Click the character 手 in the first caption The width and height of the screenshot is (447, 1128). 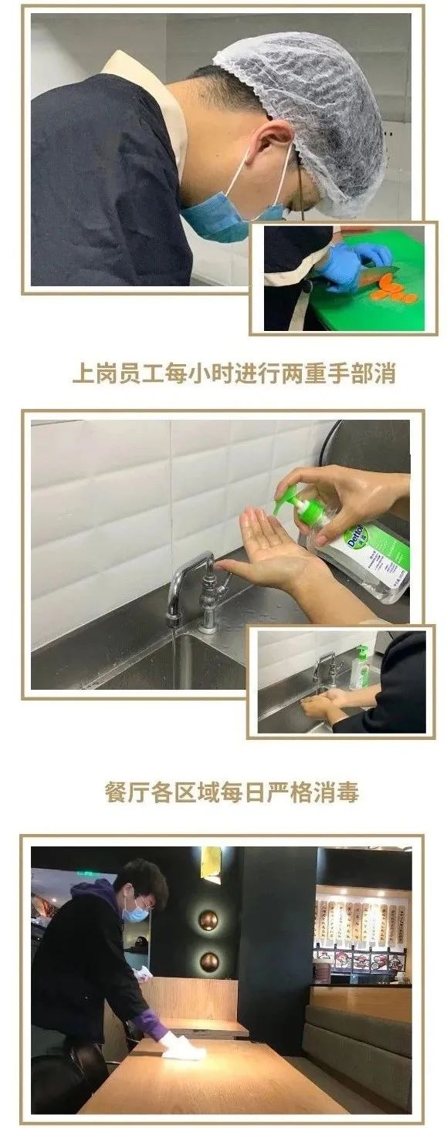coord(337,374)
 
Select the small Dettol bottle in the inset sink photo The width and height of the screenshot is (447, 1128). coord(360,668)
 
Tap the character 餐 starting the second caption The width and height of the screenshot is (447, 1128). coord(115,792)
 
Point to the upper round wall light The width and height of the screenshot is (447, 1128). coord(208,920)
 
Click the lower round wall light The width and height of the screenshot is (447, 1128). coord(208,961)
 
